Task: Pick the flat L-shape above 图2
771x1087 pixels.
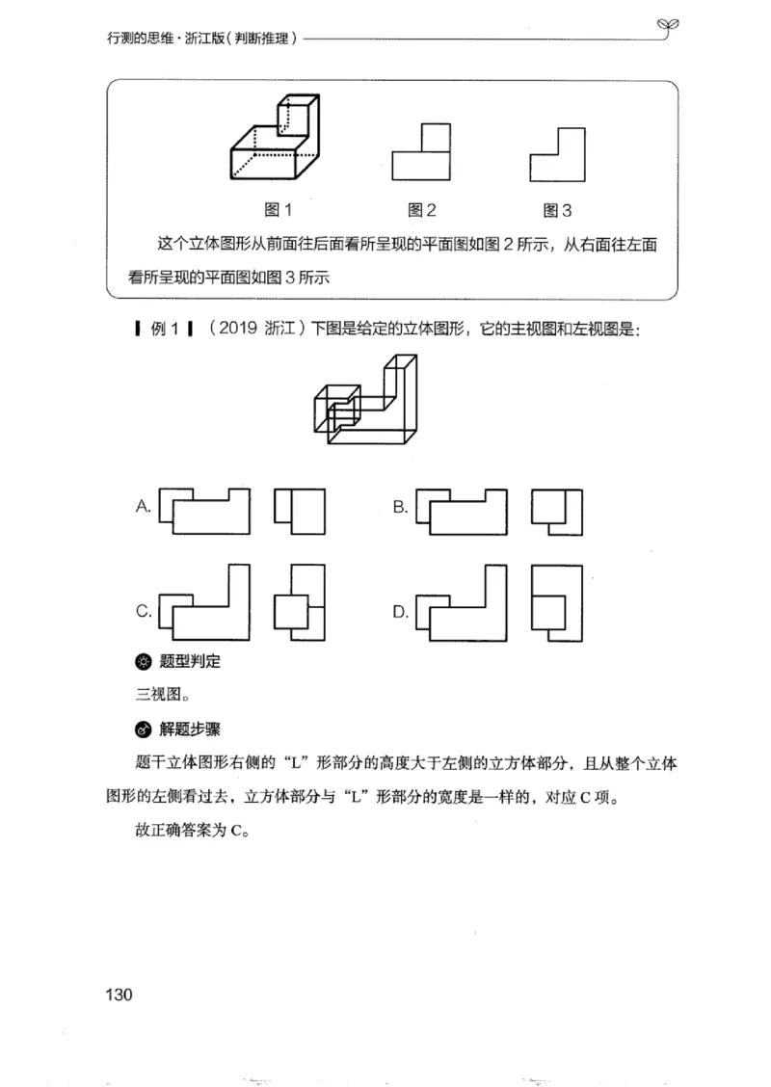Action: (x=420, y=151)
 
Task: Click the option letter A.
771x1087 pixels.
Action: (x=144, y=505)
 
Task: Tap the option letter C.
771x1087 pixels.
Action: (x=144, y=610)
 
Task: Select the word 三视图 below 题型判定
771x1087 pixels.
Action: (x=154, y=694)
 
